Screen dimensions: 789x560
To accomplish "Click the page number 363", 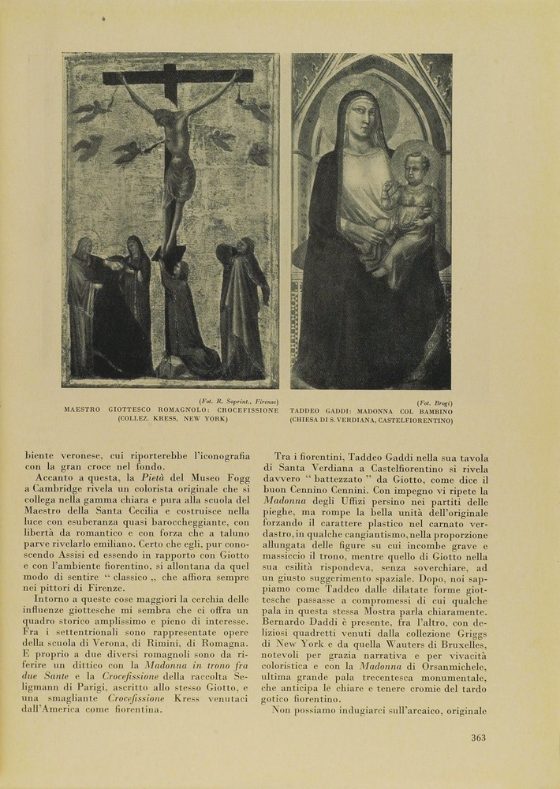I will tap(478, 738).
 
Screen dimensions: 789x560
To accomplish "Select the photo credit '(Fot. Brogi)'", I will tap(435, 403).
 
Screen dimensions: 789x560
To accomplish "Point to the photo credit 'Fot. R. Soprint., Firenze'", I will tap(239, 402).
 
